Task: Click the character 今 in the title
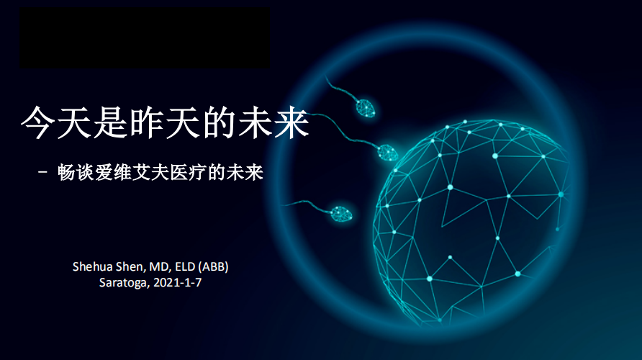tap(38, 122)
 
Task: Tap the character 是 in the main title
tap(110, 122)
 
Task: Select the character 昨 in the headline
tap(146, 122)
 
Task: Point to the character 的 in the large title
tap(219, 122)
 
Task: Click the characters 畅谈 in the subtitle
tap(76, 172)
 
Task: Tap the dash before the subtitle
tap(43, 172)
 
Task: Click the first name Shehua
tap(93, 266)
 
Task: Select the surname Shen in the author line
tap(130, 267)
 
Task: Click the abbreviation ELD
tap(185, 266)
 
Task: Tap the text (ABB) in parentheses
tap(213, 267)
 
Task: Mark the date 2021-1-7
tap(177, 282)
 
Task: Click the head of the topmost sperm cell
tap(365, 108)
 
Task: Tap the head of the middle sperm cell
tap(387, 153)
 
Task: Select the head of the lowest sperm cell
tap(341, 214)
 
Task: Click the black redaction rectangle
tap(145, 37)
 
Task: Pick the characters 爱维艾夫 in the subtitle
tap(132, 172)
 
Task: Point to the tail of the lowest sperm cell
tap(306, 204)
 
